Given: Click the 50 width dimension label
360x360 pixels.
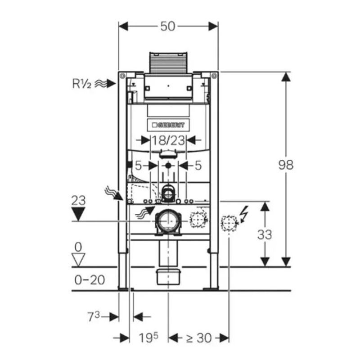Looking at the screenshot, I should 168,26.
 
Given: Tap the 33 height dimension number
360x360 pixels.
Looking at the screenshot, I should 265,234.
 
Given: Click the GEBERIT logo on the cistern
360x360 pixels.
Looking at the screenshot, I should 168,125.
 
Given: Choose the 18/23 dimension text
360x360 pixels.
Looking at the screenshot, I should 168,140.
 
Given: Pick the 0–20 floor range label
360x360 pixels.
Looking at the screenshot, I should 90,279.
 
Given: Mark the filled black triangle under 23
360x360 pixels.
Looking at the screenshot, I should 79,214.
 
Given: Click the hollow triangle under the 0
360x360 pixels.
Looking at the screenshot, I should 79,259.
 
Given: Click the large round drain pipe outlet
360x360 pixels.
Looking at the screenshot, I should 167,221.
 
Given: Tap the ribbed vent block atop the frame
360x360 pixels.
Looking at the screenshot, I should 168,63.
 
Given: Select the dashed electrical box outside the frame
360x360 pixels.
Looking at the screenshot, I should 229,222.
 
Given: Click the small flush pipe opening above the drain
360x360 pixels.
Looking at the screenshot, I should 168,193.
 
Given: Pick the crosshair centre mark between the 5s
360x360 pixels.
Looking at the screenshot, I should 168,166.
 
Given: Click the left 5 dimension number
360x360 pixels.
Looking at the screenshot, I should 139,166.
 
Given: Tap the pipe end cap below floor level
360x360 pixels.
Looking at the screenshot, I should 168,276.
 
